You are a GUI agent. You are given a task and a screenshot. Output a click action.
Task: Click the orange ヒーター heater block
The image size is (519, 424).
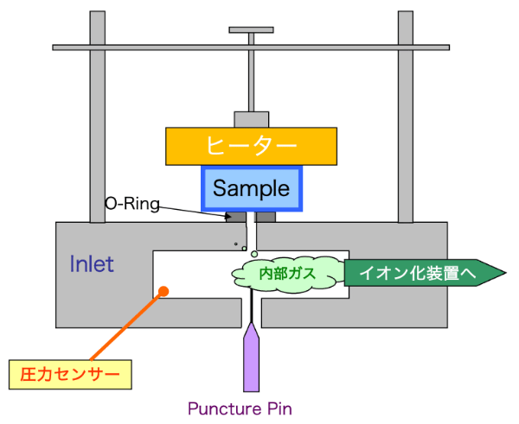[x=251, y=146]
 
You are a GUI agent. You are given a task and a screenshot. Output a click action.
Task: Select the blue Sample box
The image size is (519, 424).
[x=252, y=189]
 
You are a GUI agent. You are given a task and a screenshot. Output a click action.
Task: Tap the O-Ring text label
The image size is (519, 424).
[x=132, y=204]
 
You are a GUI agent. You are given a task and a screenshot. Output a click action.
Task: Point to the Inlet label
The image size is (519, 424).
[x=92, y=264]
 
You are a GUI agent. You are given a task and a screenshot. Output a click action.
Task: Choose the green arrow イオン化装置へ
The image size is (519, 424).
[x=425, y=273]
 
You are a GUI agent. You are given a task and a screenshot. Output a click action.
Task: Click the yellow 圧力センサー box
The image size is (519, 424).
[x=70, y=375]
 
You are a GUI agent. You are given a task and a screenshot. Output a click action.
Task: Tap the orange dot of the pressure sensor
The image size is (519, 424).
[x=163, y=291]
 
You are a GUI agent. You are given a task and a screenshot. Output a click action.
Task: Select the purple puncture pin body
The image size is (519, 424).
[x=251, y=358]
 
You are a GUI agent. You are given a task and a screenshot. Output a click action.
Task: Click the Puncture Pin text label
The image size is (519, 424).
[x=240, y=408]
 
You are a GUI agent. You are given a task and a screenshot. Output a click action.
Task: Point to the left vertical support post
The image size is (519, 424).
[x=98, y=117]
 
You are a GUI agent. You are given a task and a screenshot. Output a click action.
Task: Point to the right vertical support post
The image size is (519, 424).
[x=406, y=117]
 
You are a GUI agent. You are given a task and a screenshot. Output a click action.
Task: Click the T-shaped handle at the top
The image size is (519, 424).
[x=251, y=30]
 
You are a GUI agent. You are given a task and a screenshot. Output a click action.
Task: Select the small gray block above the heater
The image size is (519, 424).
[x=252, y=120]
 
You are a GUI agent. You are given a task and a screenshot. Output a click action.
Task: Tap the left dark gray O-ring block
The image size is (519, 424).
[x=236, y=217]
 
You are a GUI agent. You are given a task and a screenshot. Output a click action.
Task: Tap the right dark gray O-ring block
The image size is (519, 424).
[x=266, y=217]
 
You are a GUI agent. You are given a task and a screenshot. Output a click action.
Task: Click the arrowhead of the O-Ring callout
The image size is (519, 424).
[x=228, y=217]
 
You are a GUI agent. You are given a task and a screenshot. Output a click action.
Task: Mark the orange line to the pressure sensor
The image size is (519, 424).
[x=127, y=326]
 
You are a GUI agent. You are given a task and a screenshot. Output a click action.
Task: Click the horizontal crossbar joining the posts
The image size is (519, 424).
[x=251, y=47]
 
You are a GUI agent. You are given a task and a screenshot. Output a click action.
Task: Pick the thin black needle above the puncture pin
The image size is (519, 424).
[x=252, y=307]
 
